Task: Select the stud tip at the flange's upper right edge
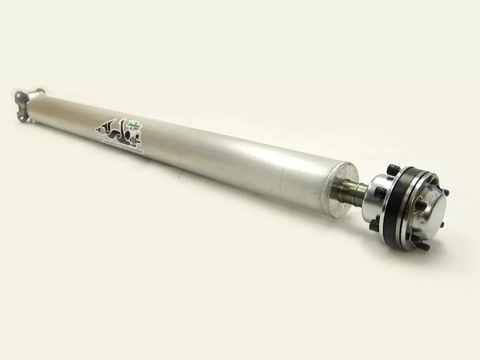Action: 447,192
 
